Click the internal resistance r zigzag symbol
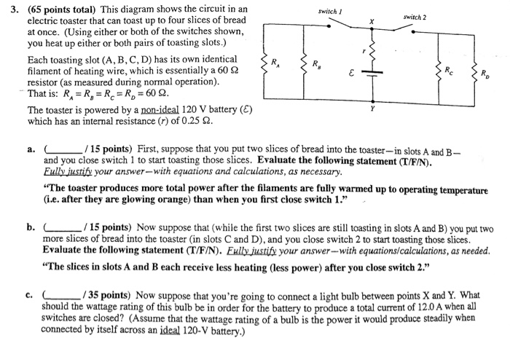tap(372, 52)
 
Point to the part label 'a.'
tap(32, 149)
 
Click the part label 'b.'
tap(32, 227)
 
